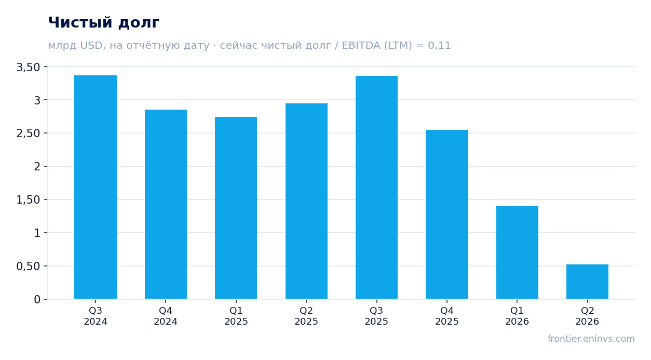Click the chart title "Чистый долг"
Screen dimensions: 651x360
click(103, 23)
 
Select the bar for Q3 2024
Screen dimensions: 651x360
click(96, 187)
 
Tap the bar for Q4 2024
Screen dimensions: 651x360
click(166, 204)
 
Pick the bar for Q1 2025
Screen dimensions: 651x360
click(236, 208)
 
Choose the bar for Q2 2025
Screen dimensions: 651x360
click(306, 201)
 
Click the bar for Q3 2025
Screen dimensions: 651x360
click(377, 187)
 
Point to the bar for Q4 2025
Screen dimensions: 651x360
click(447, 215)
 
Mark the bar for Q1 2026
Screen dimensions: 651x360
click(517, 252)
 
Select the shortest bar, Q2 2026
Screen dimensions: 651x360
click(587, 282)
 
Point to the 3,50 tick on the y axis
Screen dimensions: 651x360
click(28, 67)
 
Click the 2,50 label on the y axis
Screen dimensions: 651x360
click(28, 134)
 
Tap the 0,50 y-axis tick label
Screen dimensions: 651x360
click(28, 266)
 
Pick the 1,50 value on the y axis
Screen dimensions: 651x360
click(28, 200)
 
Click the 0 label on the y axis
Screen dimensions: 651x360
click(37, 300)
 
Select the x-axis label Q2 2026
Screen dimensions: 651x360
click(587, 316)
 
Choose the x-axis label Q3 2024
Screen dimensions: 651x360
click(96, 316)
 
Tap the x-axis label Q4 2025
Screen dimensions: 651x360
click(447, 316)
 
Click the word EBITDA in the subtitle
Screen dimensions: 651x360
click(361, 46)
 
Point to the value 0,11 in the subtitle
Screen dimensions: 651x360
click(439, 46)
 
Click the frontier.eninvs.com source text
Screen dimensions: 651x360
click(591, 339)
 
